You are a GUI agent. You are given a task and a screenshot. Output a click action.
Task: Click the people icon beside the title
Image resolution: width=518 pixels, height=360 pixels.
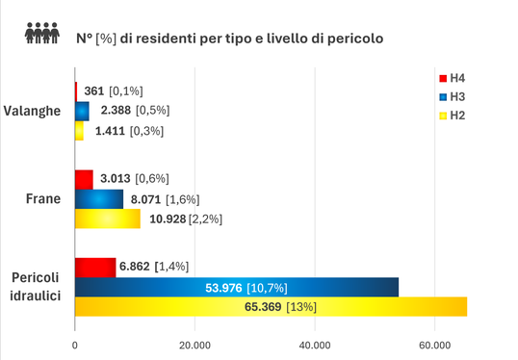point(41,35)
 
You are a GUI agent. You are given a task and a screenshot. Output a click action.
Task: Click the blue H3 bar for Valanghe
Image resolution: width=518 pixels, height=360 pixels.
point(82,111)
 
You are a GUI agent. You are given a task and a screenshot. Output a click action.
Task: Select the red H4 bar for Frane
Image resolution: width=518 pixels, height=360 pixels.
point(84,179)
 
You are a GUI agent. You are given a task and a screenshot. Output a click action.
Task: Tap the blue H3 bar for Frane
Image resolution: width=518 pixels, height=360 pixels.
point(99,199)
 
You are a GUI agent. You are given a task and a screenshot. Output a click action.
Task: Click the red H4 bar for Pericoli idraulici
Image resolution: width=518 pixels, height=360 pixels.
point(95,267)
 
